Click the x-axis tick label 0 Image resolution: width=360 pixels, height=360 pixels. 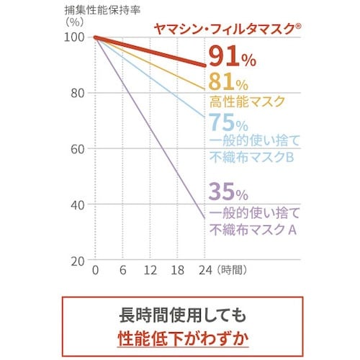(x=96, y=274)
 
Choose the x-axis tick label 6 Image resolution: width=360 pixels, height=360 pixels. (x=123, y=274)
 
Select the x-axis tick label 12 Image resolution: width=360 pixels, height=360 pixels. (x=150, y=274)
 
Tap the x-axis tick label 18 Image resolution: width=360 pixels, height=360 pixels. (x=178, y=274)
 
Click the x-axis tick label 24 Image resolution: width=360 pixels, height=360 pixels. (x=205, y=274)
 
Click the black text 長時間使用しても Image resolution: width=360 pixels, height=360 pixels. (x=180, y=315)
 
